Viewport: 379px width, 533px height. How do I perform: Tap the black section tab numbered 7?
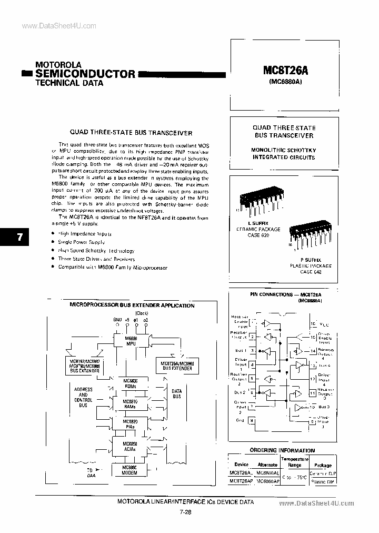tap(19, 237)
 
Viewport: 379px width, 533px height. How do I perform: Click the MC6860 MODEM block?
tap(129, 470)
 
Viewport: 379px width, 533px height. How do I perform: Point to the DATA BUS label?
tap(176, 393)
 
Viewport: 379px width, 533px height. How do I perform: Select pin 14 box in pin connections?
tap(313, 351)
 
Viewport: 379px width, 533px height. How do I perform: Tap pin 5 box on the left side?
tap(252, 378)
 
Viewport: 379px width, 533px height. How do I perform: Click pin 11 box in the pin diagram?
tap(313, 393)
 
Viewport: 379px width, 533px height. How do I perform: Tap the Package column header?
tap(323, 465)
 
